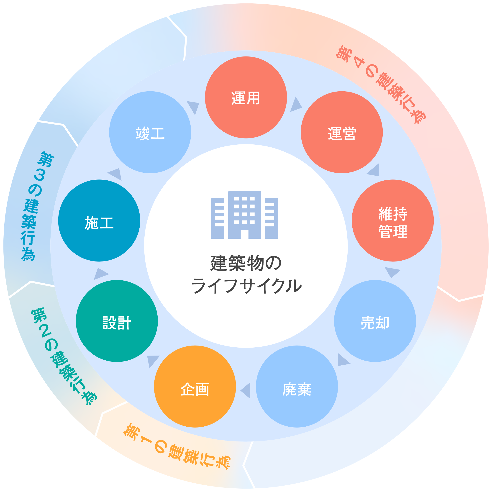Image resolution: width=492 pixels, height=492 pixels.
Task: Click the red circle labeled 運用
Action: coord(246,97)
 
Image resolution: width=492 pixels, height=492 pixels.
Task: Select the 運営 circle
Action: coord(341,132)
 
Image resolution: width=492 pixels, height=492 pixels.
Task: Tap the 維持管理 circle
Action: coord(392,220)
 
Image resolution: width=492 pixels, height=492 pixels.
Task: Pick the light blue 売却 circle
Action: coord(375,321)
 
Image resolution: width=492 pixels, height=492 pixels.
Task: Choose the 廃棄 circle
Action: coord(297,387)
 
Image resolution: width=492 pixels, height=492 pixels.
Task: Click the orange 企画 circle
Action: coord(195,387)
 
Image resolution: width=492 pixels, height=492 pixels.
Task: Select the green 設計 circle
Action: coord(117,321)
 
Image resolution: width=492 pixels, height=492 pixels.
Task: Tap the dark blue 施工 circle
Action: coord(99,220)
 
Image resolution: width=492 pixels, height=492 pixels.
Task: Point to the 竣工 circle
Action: coord(150,132)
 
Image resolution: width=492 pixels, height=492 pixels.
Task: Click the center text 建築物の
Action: coord(246,263)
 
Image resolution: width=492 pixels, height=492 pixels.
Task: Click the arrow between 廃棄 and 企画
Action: coord(246,390)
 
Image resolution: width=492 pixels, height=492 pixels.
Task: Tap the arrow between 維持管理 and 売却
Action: coord(392,272)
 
